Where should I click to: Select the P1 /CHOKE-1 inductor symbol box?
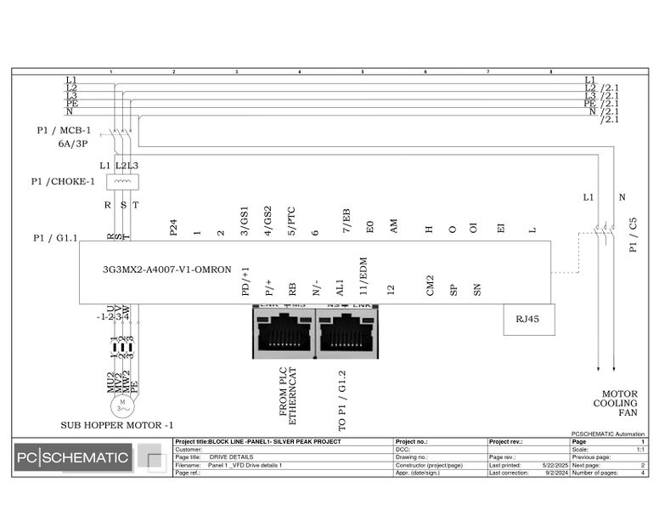coord(122,181)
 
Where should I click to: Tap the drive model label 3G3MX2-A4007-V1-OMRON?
coord(167,269)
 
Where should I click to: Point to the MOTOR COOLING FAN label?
coord(619,403)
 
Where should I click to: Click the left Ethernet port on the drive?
coord(284,333)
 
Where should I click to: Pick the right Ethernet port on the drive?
coord(346,333)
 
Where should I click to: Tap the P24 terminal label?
coord(174,225)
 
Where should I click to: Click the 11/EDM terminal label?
coord(364,280)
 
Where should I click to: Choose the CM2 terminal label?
coord(431,285)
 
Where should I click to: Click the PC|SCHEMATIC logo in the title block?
coord(73,459)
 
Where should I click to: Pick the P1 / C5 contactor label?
coord(633,235)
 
